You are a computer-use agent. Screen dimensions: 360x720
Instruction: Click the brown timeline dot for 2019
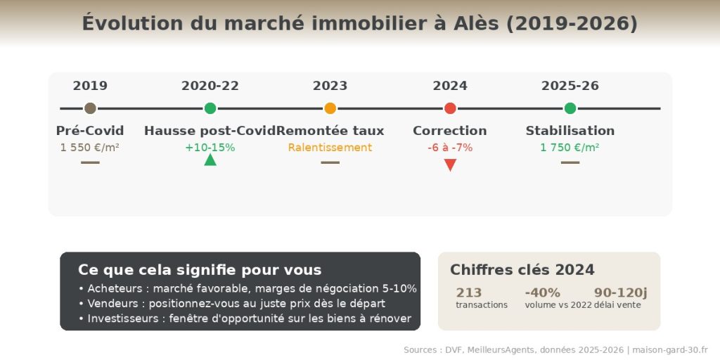tap(90, 108)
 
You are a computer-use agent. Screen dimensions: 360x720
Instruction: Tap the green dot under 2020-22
tap(210, 108)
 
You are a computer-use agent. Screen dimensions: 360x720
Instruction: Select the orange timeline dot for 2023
tap(330, 108)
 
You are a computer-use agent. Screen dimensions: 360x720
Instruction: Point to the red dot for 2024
tap(450, 108)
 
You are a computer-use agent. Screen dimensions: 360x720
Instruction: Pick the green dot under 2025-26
tap(570, 108)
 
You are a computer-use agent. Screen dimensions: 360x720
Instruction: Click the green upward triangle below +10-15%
tap(210, 160)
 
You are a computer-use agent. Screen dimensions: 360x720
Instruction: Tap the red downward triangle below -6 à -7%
tap(450, 165)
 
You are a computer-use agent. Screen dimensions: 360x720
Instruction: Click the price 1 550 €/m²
tap(90, 148)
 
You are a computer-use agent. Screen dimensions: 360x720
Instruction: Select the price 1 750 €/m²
tap(570, 148)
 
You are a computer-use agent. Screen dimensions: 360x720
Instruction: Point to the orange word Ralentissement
tap(330, 148)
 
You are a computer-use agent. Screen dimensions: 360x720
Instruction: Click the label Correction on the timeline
tap(450, 131)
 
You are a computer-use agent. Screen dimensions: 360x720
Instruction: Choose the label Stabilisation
tap(570, 131)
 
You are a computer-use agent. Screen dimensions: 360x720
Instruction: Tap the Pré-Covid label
tap(90, 131)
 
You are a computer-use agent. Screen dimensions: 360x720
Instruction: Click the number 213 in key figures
tap(469, 292)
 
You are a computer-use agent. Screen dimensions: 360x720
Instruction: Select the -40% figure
tap(543, 292)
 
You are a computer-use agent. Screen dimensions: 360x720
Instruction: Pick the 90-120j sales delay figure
tap(621, 292)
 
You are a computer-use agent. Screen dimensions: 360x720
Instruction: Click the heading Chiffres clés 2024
tap(522, 270)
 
